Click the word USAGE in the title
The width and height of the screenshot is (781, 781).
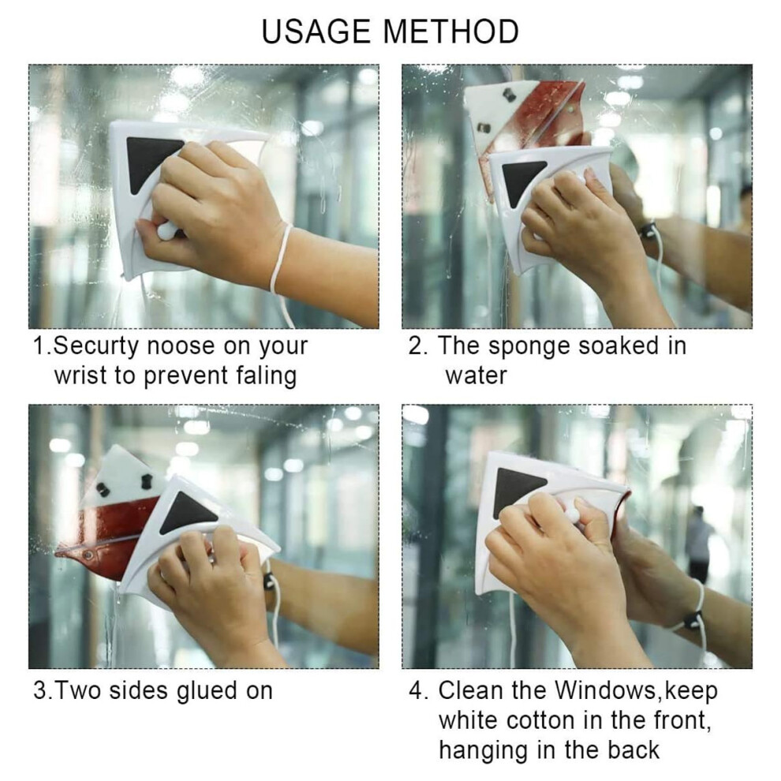pos(317,32)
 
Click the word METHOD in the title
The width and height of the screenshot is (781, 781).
pos(452,32)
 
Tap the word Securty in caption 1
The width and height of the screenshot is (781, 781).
pos(95,346)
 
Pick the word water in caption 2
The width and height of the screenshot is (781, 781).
pos(476,376)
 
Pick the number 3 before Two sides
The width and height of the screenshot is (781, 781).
pos(39,691)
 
